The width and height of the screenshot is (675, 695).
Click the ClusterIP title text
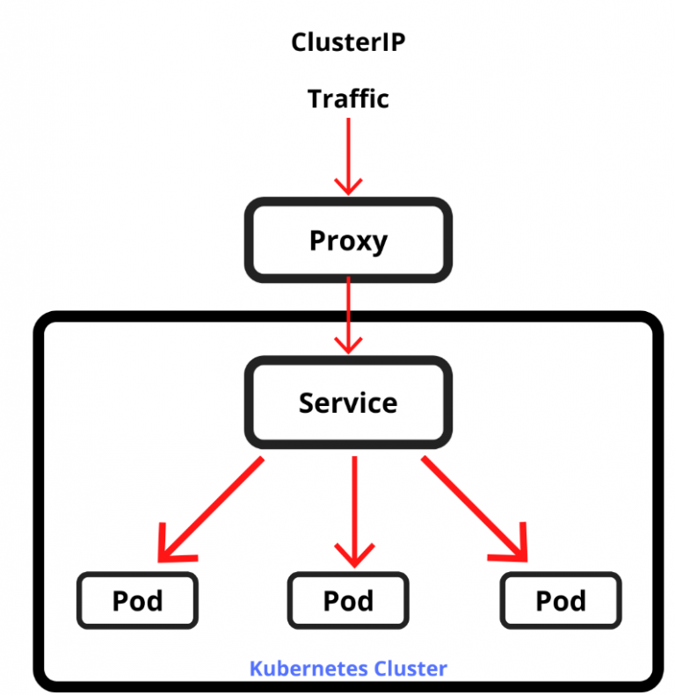[348, 42]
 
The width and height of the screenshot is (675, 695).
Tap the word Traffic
[348, 98]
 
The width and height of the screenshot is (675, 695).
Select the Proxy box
[348, 240]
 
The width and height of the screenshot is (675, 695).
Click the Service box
[348, 402]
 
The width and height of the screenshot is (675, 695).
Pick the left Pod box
[138, 600]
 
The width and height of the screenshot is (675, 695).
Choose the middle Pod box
[348, 600]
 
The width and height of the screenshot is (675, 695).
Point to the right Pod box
[561, 600]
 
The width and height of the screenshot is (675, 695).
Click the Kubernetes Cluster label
[348, 669]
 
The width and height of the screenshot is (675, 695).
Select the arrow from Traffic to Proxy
[348, 154]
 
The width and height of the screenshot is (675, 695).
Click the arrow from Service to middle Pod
[353, 510]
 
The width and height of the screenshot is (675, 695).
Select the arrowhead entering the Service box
[349, 344]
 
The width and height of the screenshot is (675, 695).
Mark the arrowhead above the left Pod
[171, 549]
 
